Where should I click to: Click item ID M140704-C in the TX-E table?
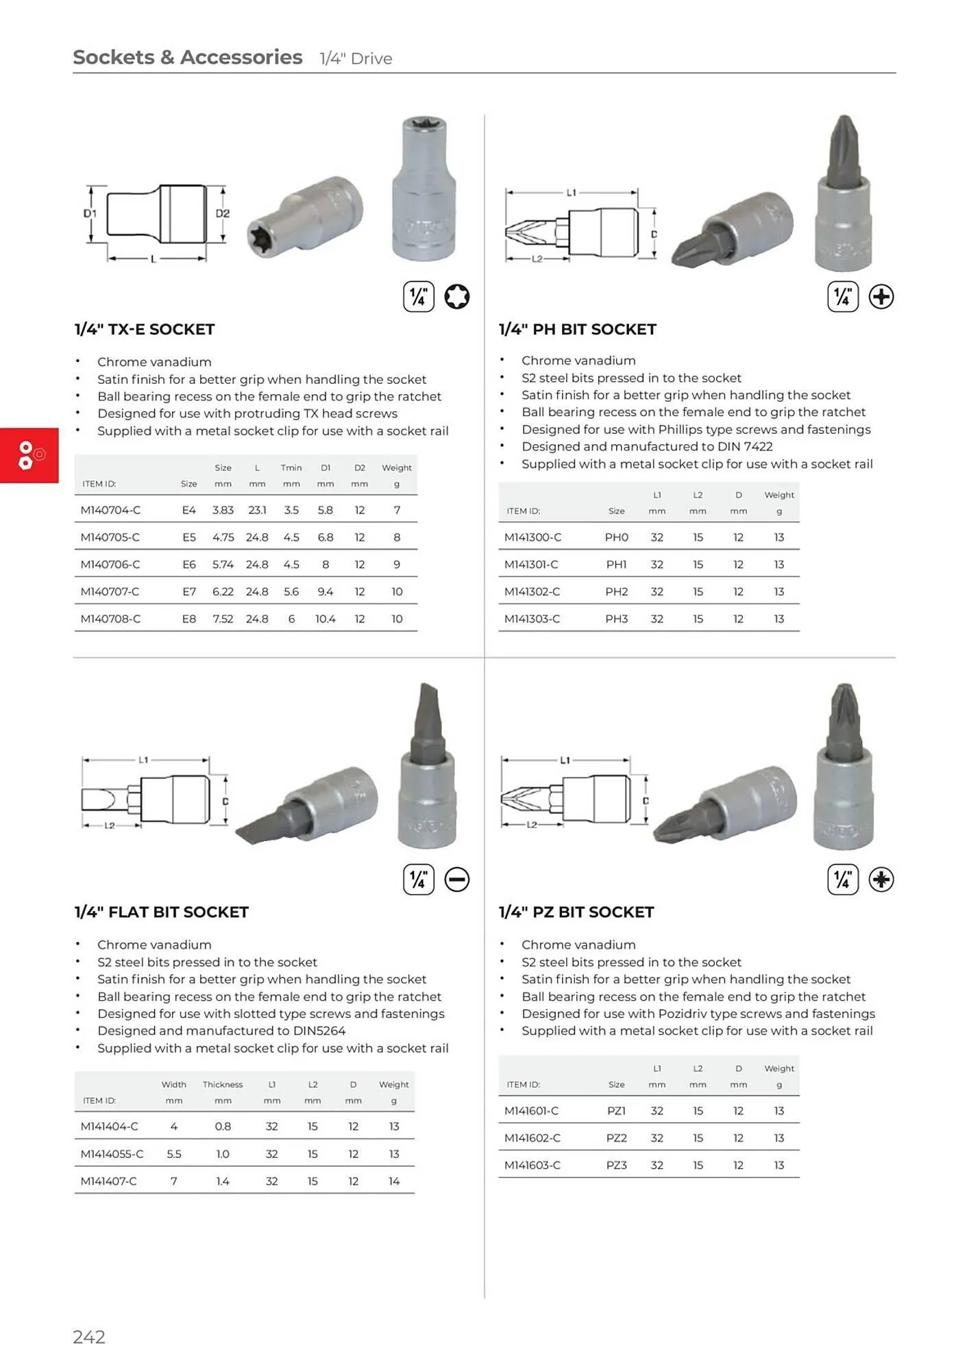(110, 510)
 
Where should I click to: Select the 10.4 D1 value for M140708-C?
(325, 619)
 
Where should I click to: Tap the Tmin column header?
(291, 468)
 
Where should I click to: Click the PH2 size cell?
(616, 592)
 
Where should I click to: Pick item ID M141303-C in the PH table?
(532, 619)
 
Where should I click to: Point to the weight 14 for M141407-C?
(393, 1181)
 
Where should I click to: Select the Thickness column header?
(223, 1084)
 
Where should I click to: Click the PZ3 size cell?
(616, 1165)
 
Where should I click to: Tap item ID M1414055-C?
(112, 1154)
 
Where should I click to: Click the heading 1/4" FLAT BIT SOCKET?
(162, 912)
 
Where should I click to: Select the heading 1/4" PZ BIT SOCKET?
(576, 912)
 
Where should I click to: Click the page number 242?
(89, 1337)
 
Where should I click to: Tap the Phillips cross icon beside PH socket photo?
(881, 297)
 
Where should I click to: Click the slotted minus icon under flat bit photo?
(456, 879)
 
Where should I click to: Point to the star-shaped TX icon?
(456, 297)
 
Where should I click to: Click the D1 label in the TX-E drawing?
(90, 213)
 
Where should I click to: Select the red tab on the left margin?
(29, 455)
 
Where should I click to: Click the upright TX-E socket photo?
(424, 190)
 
